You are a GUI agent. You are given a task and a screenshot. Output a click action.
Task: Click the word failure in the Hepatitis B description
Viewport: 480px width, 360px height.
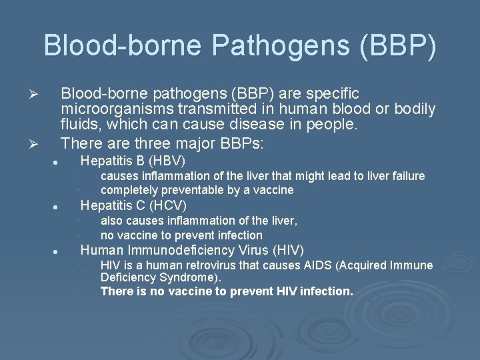tap(407, 176)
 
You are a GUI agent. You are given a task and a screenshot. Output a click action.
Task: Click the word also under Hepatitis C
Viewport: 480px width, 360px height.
tap(111, 221)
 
